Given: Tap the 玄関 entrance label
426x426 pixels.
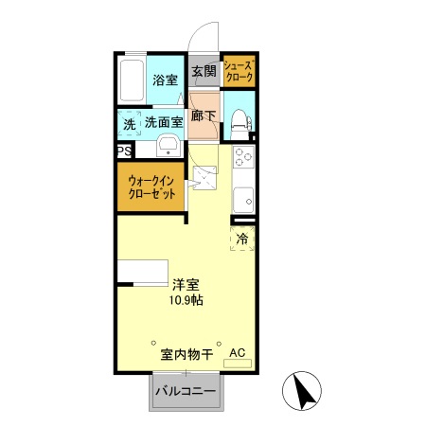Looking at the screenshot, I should (204, 71).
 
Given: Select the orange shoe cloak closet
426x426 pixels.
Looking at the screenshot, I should (240, 72).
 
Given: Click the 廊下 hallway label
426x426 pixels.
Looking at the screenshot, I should (204, 116).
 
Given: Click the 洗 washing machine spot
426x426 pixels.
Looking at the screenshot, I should (129, 124).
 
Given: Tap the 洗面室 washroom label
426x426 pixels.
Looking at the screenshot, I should (164, 123).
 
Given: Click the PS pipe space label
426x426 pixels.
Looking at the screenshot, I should (123, 151).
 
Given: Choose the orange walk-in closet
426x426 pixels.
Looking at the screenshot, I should (151, 186).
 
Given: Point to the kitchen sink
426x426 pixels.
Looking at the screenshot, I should (243, 200).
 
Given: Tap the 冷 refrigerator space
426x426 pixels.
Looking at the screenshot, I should (242, 239).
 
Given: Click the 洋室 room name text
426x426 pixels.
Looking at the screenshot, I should (186, 284).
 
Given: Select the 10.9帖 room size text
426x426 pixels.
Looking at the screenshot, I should (186, 300).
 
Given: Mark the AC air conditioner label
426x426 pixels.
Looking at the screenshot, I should (237, 353).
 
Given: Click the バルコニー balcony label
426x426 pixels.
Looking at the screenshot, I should (186, 391).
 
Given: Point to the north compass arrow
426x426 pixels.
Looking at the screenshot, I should (305, 391).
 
